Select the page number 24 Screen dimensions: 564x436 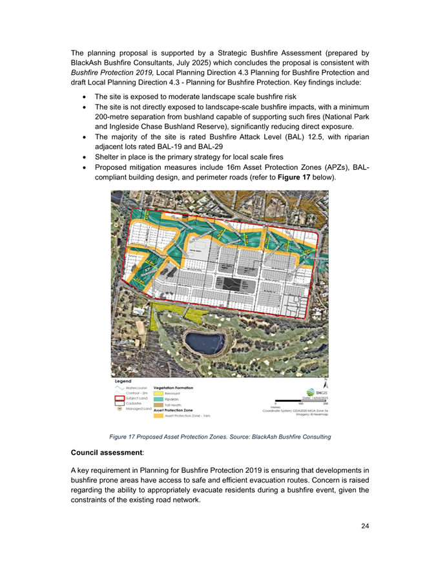[x=365, y=527]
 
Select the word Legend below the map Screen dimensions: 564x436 [x=123, y=381]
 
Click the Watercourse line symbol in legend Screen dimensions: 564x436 [x=121, y=388]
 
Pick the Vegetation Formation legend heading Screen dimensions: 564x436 [x=174, y=388]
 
